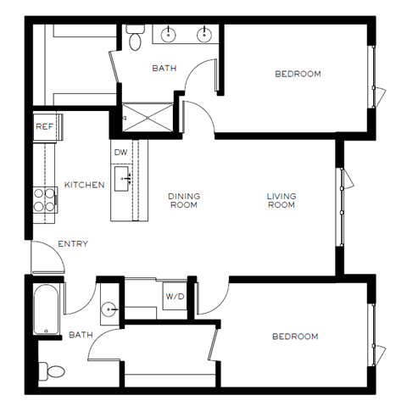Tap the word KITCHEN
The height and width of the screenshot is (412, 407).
84,184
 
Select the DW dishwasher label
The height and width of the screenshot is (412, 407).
120,153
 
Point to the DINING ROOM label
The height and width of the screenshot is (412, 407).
183,201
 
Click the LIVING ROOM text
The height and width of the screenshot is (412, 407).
281,201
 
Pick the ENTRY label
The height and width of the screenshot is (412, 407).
72,244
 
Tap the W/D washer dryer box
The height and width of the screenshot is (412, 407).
175,297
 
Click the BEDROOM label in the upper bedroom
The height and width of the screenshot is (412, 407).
298,75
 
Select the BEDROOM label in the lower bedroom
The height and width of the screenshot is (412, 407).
294,337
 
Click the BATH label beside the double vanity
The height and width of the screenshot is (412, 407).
164,68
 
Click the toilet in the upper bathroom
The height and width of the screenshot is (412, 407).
135,36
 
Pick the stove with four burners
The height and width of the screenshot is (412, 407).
45,201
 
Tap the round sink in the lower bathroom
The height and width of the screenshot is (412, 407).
108,309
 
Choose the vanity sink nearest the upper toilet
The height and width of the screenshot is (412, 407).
167,35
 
